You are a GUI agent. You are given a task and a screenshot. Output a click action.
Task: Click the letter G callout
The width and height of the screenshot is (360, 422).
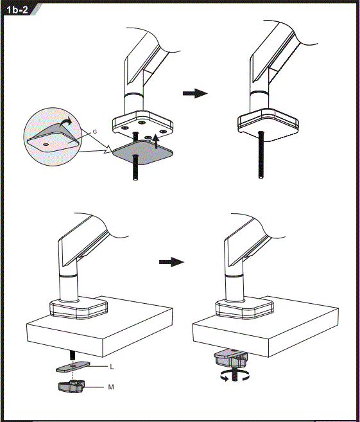pyautogui.click(x=94, y=131)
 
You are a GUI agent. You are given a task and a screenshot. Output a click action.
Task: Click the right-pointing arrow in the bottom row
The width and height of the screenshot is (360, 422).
pyautogui.click(x=171, y=262)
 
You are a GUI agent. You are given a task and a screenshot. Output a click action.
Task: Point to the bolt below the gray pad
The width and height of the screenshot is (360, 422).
pyautogui.click(x=135, y=171)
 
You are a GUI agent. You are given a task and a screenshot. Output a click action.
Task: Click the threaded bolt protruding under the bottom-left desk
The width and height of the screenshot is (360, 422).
pyautogui.click(x=73, y=355)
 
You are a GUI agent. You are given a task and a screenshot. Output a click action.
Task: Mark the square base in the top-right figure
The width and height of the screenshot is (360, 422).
pyautogui.click(x=267, y=125)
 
